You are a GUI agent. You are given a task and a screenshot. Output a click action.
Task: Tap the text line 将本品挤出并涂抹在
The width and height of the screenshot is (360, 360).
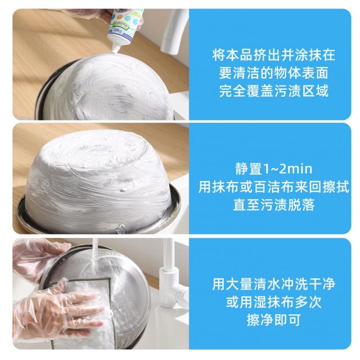[x=273, y=55]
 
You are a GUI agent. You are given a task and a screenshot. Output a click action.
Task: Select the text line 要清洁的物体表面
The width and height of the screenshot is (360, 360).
[x=273, y=73]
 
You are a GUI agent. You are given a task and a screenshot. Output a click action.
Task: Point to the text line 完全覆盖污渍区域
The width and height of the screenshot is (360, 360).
[x=273, y=91]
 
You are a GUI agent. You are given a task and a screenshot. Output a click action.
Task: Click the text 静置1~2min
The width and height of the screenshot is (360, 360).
[x=274, y=169]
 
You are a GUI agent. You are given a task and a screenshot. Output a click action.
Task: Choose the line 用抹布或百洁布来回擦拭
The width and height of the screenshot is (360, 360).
[x=274, y=187]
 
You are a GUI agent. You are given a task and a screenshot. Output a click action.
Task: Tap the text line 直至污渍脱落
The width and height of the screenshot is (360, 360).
[x=274, y=205]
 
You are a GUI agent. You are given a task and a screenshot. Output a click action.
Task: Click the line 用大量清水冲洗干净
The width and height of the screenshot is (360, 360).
[x=273, y=284]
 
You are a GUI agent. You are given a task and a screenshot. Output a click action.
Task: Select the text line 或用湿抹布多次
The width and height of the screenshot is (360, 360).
[x=273, y=302]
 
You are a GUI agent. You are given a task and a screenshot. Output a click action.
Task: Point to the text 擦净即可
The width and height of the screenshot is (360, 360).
[x=273, y=319]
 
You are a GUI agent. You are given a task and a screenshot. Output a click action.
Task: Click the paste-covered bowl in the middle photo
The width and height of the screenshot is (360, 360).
[x=99, y=179]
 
